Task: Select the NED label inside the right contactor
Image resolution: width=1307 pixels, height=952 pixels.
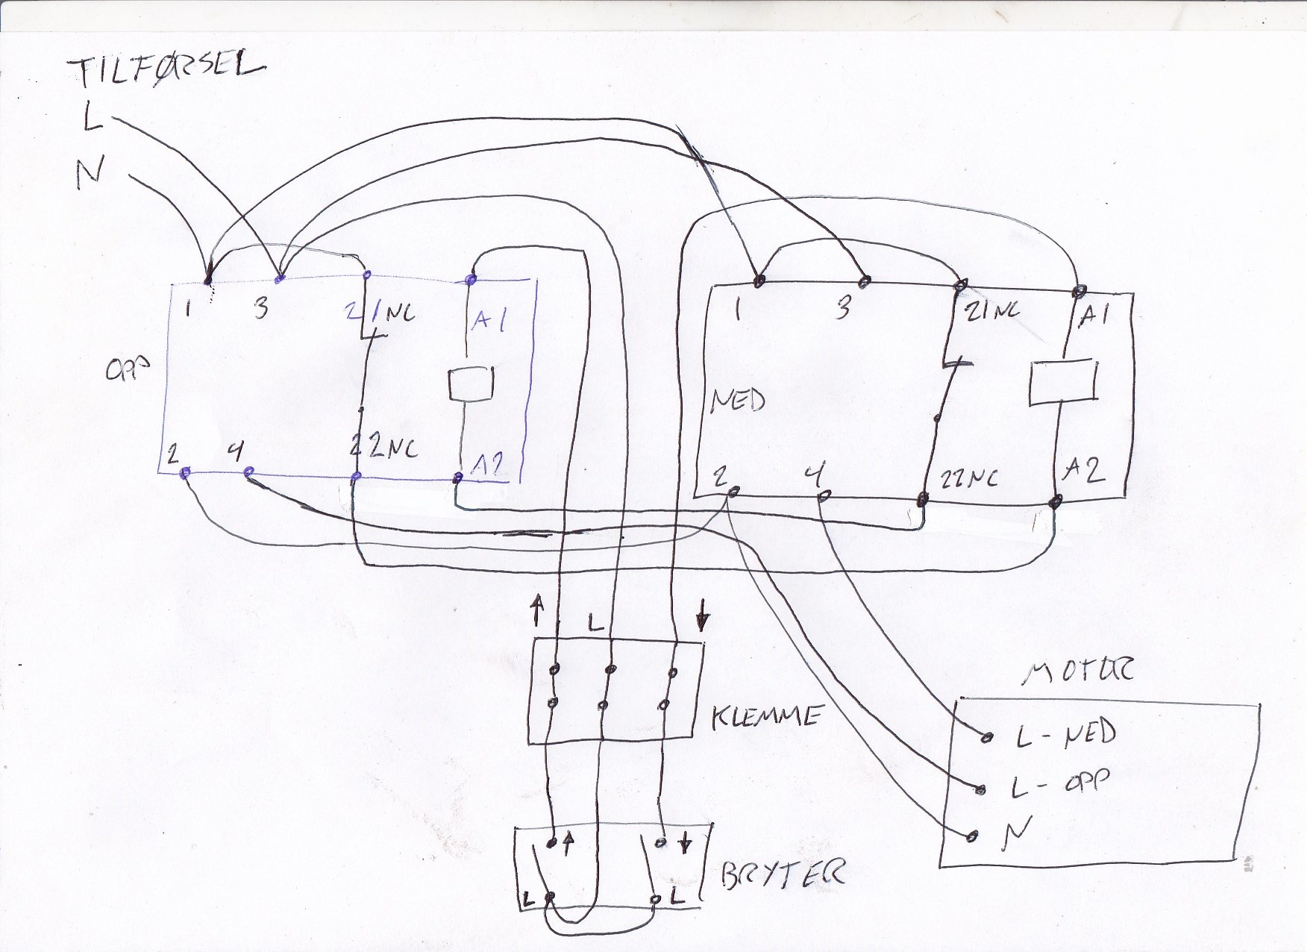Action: point(737,401)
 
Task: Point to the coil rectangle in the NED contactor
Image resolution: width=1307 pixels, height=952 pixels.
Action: point(1062,383)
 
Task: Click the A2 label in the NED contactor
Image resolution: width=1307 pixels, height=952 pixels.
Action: point(1084,469)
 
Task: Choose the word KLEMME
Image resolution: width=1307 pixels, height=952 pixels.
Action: point(766,717)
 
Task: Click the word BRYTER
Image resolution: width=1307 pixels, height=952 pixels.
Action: point(783,874)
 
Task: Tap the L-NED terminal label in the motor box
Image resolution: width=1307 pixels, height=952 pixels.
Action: point(1065,733)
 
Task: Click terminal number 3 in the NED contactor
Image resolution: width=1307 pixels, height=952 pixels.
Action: point(842,307)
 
